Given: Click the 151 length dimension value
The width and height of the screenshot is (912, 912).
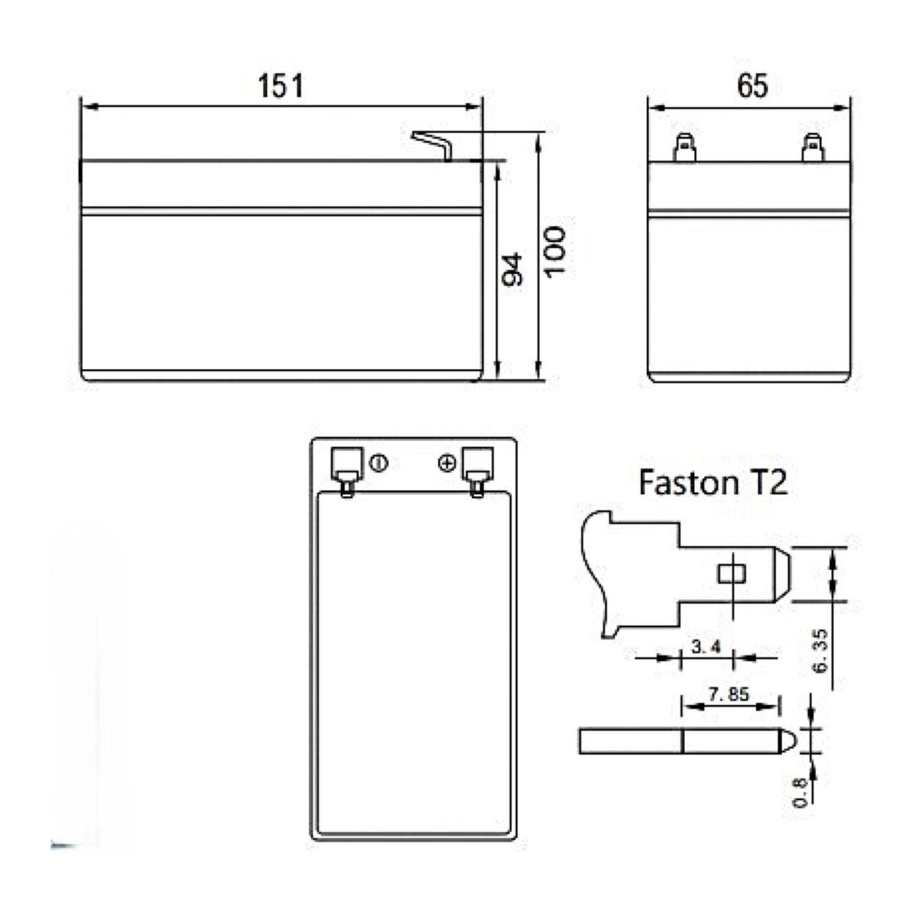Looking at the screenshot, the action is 280,86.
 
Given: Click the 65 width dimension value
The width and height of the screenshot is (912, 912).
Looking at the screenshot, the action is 753,86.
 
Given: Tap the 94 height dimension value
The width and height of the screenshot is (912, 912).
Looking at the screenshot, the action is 512,270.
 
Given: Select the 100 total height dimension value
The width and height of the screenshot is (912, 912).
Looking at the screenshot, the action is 554,251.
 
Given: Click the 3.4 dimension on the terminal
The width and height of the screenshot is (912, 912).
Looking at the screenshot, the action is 706,647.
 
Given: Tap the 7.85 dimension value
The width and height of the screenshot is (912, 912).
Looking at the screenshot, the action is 729,694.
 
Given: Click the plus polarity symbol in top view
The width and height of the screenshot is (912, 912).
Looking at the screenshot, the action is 447,463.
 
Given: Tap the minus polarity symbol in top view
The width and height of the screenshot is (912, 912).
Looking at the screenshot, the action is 378,463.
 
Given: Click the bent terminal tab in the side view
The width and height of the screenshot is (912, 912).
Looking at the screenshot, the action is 434,145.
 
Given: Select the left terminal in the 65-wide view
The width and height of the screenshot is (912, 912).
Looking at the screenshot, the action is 684,148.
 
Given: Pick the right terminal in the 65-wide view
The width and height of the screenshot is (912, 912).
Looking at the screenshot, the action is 813,148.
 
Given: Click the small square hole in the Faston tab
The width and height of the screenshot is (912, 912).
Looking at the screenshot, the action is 732,574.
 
